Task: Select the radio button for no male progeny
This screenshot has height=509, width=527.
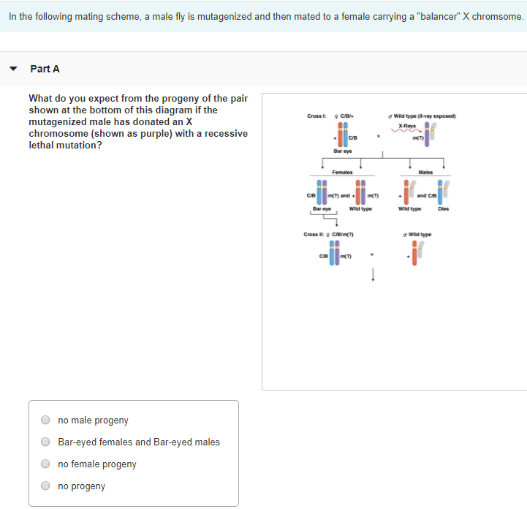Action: (45, 421)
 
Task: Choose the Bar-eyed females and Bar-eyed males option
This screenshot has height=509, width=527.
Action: (45, 442)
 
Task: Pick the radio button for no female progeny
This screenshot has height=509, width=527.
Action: (45, 464)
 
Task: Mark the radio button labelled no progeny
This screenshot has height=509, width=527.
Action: (45, 486)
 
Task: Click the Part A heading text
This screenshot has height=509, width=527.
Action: (45, 69)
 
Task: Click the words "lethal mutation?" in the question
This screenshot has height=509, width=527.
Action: (65, 145)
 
